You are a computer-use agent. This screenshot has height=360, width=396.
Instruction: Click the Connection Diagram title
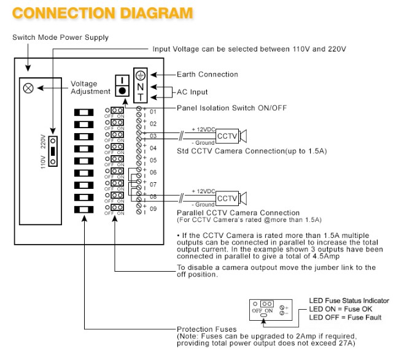[x=103, y=13]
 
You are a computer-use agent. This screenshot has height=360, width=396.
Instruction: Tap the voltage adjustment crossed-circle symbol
[x=28, y=88]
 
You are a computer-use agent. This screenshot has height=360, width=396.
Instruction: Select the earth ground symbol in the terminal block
[x=141, y=75]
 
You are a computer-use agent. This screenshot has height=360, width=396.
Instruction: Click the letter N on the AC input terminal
[x=141, y=87]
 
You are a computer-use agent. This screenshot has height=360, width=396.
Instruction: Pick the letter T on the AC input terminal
[x=141, y=97]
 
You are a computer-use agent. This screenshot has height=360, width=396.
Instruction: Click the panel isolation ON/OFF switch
[x=122, y=85]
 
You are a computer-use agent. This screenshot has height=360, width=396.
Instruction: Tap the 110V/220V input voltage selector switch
[x=53, y=151]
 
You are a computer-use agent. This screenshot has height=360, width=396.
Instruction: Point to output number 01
[x=153, y=112]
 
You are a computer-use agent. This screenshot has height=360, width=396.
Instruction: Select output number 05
[x=153, y=160]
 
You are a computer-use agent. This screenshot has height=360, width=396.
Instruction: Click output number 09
[x=153, y=209]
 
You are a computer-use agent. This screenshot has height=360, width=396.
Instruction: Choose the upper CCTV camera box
[x=227, y=136]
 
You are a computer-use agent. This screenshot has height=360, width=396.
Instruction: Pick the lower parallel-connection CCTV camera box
[x=227, y=198]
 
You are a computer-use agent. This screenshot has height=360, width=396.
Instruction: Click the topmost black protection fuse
[x=84, y=112]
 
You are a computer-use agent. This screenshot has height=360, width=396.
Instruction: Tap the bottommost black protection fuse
[x=84, y=209]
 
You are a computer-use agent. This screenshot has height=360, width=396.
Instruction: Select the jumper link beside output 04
[x=117, y=147]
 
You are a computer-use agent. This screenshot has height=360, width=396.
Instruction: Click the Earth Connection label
[x=208, y=74]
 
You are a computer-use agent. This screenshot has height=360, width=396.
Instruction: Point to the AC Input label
[x=192, y=92]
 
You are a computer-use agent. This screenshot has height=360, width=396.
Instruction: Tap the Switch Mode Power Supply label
[x=61, y=37]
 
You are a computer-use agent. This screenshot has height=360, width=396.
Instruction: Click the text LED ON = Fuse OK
[x=341, y=309]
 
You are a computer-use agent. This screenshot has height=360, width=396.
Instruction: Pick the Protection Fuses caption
[x=206, y=329]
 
